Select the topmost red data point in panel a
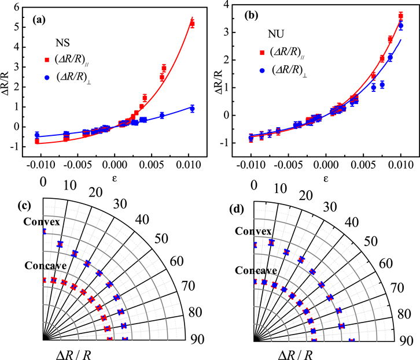pyautogui.click(x=192, y=24)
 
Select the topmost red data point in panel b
pyautogui.click(x=401, y=16)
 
